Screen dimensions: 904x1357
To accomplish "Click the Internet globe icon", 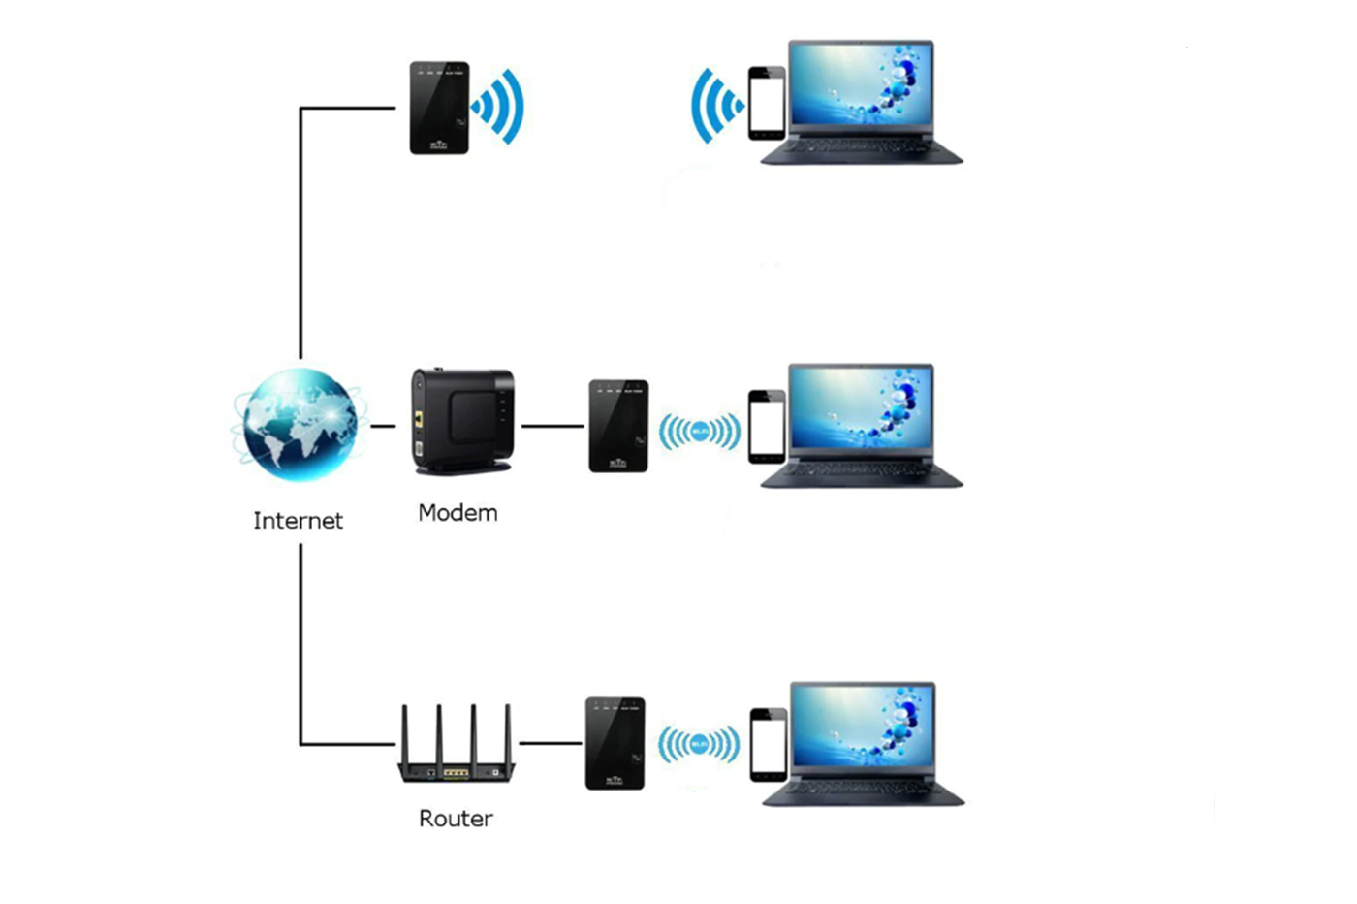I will tap(299, 424).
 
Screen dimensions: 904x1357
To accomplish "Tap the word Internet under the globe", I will tap(298, 521).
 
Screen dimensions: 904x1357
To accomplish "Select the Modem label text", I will tap(458, 513).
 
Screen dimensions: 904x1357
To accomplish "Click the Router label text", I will tap(456, 819).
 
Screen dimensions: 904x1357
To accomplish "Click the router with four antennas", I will tap(456, 747).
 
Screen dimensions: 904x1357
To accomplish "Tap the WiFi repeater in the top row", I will tap(439, 108).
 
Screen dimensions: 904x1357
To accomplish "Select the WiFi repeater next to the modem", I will tap(618, 426).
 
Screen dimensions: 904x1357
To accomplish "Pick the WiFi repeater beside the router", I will tap(615, 743).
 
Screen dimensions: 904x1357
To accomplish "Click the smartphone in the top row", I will tap(766, 103).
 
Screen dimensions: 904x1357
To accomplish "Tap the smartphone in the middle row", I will tap(766, 427).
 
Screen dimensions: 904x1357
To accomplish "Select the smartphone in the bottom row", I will tap(769, 744).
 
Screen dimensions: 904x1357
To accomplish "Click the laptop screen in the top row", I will tap(861, 84).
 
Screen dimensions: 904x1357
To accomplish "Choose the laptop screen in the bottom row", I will tap(863, 727).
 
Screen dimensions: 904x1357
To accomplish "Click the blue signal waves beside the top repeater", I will tap(499, 106).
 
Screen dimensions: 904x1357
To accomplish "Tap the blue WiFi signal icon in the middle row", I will tap(700, 432).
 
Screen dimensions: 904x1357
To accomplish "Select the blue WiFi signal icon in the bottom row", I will tap(699, 745).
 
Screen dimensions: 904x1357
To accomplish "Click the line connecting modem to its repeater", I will tap(552, 426).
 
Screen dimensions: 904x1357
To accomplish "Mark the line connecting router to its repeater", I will tap(551, 744).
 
